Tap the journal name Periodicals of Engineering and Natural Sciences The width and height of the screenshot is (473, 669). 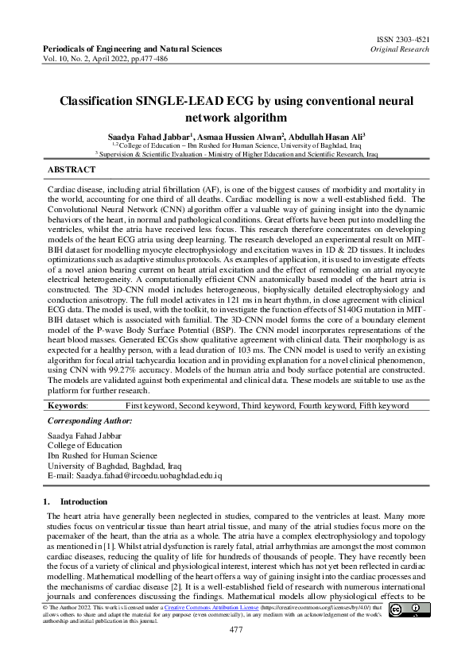(132, 49)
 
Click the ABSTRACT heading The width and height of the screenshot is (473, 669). (72, 170)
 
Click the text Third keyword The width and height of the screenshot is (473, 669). (268, 405)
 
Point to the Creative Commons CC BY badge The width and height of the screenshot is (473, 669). (413, 610)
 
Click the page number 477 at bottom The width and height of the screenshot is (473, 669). (236, 630)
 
